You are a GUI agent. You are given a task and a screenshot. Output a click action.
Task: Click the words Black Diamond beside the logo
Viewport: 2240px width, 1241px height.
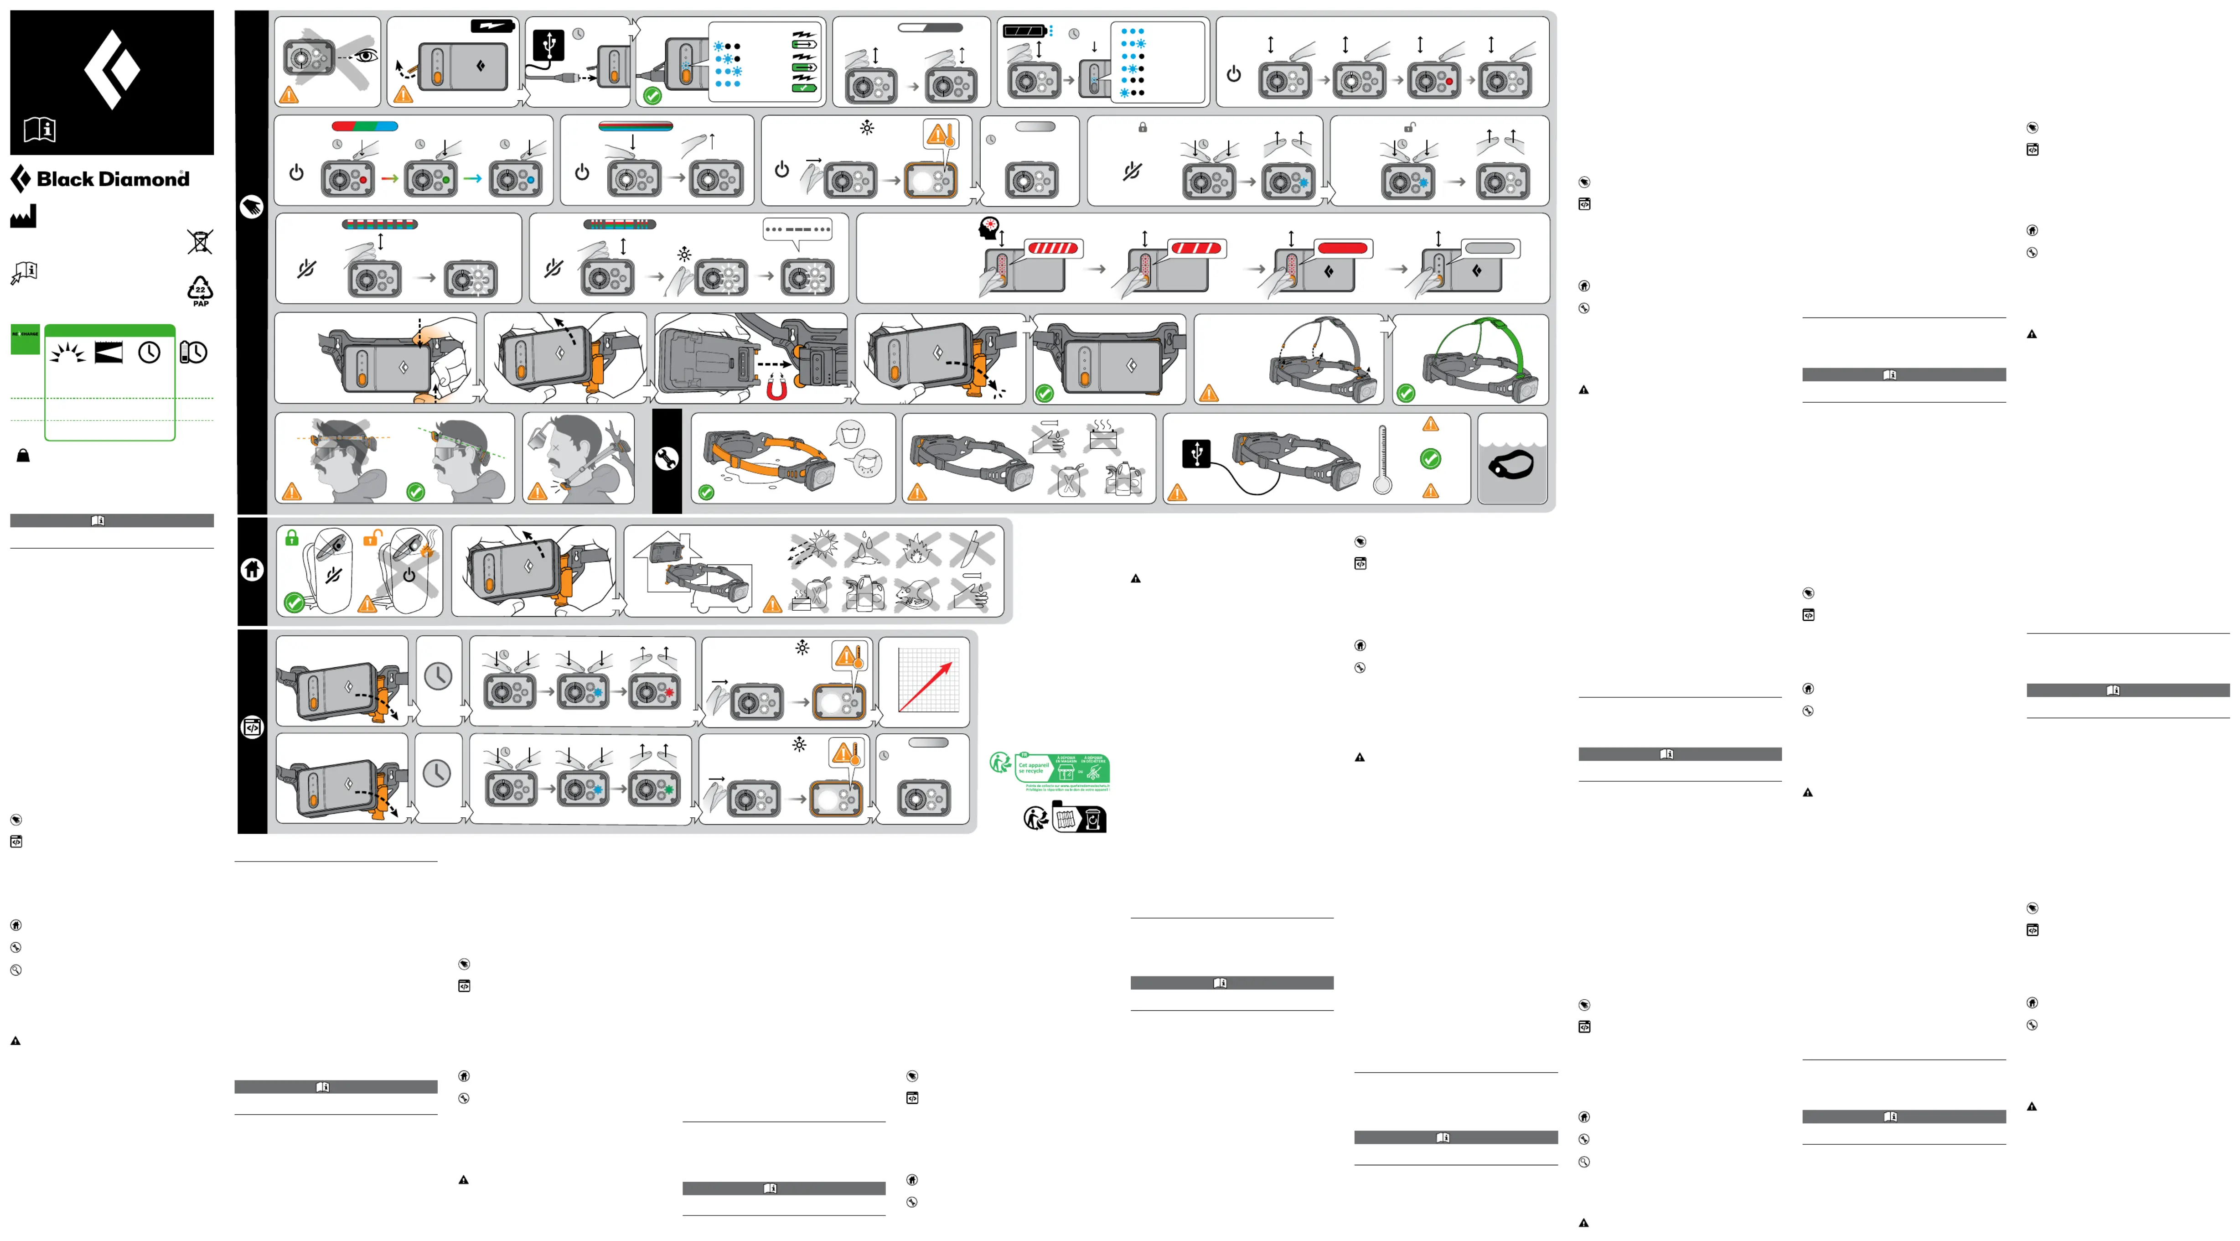click(x=113, y=179)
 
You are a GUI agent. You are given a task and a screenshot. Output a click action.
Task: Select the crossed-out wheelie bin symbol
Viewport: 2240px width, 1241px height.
click(x=200, y=241)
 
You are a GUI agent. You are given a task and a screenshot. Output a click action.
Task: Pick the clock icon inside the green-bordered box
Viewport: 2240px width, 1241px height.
click(x=150, y=352)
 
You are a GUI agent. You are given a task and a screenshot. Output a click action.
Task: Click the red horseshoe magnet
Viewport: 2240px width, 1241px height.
click(x=776, y=389)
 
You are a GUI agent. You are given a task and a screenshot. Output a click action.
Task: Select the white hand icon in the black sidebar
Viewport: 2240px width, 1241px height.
click(x=251, y=207)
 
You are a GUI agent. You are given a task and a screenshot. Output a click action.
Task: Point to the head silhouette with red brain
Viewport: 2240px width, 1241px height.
click(x=989, y=228)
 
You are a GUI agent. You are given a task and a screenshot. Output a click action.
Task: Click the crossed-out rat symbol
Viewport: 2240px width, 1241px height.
click(x=917, y=595)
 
